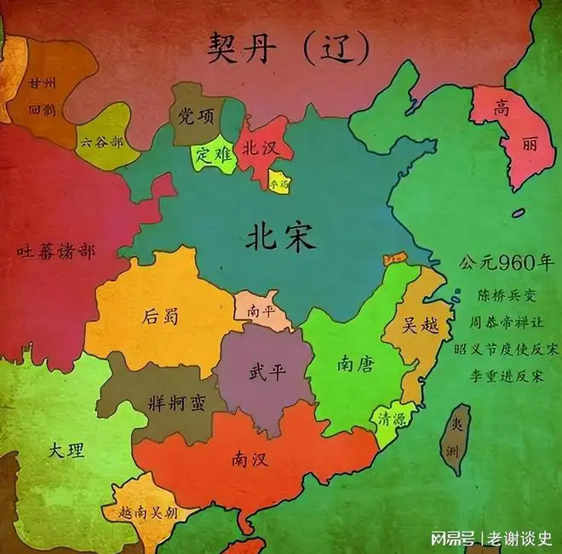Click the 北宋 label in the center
(x=280, y=237)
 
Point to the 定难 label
(x=212, y=156)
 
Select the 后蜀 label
(x=160, y=317)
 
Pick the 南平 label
(x=261, y=311)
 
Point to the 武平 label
(x=267, y=372)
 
